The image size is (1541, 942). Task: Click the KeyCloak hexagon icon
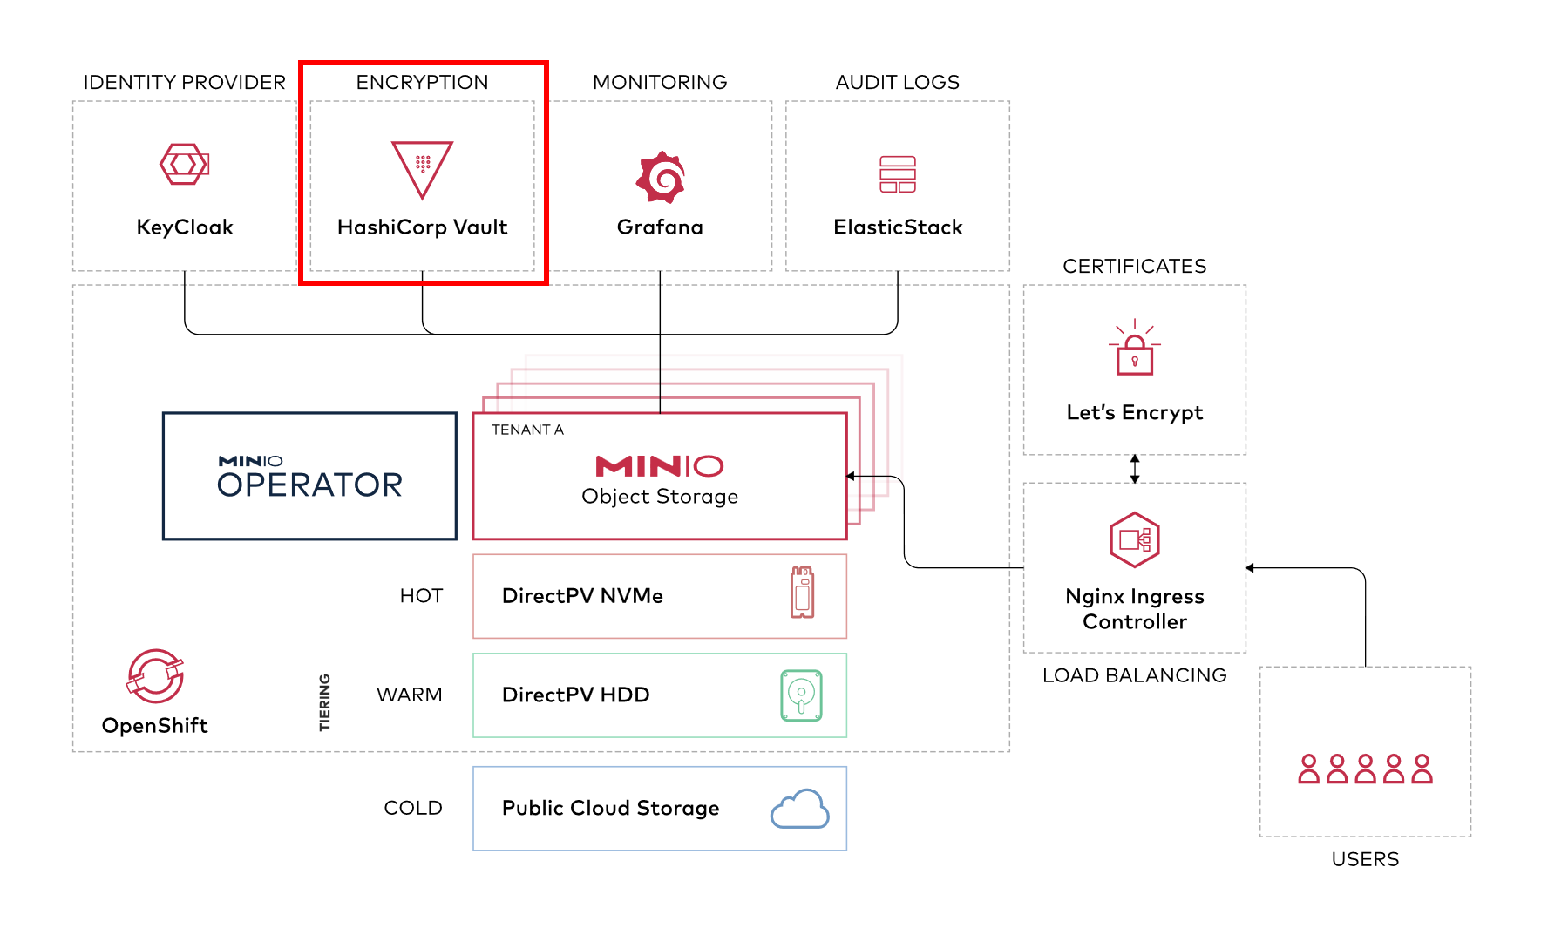coord(184,164)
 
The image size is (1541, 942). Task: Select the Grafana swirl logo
coord(661,177)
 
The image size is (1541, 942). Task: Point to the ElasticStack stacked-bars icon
coord(898,174)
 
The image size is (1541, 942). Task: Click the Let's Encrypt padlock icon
coord(1135,348)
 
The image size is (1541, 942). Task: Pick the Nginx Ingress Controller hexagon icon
coord(1135,539)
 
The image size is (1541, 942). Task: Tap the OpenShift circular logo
coord(155,675)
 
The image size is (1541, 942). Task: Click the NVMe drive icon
coord(802,593)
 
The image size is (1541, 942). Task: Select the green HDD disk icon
coord(801,695)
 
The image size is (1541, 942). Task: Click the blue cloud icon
coord(800,809)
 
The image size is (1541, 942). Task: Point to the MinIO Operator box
coord(309,476)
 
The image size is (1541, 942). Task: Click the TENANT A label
coord(527,430)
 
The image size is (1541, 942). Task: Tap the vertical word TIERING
coord(324,702)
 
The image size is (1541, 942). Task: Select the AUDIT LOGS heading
coord(898,82)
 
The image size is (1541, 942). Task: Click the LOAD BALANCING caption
coord(1135,675)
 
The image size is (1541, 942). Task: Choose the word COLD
coord(413,808)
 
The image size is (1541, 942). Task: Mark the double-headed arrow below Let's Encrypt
coord(1135,469)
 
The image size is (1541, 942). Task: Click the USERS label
coord(1365,859)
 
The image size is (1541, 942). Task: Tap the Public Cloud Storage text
coord(611,808)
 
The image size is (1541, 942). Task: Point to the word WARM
coord(410,695)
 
